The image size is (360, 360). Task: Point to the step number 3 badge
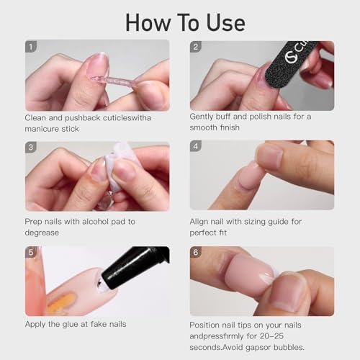(x=31, y=148)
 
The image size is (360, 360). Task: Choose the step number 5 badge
(x=31, y=253)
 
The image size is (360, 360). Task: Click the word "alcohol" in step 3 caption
(x=99, y=222)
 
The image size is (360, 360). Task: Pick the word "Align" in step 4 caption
(x=201, y=222)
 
